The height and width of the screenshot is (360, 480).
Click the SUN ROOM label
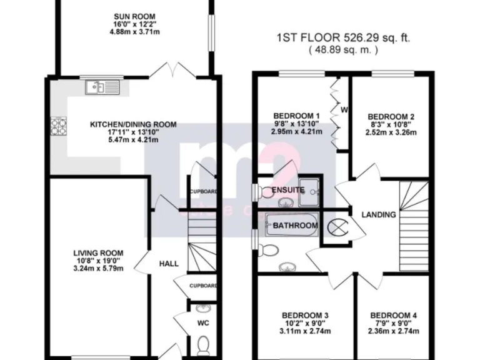click(x=134, y=16)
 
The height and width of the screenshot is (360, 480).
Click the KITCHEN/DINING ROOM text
click(x=133, y=124)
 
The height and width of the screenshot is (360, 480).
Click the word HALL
click(x=168, y=264)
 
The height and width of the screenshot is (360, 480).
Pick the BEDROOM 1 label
click(x=297, y=116)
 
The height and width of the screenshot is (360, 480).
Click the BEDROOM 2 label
click(x=391, y=116)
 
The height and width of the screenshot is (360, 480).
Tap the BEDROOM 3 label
click(x=305, y=315)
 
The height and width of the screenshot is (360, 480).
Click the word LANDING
click(x=379, y=214)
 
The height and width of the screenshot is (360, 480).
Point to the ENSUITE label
click(x=287, y=190)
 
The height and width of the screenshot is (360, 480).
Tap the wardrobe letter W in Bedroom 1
click(x=344, y=111)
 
